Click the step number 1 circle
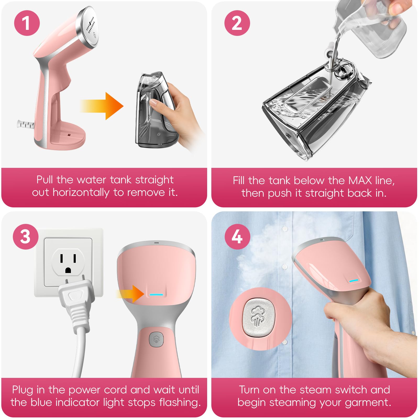(x=27, y=23)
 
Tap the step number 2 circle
(x=237, y=23)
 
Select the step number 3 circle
(x=26, y=236)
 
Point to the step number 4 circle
(x=238, y=236)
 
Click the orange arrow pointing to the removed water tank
(x=102, y=106)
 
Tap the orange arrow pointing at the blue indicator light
(x=130, y=294)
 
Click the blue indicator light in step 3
(x=156, y=295)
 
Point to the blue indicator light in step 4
(x=354, y=281)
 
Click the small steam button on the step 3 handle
(x=156, y=340)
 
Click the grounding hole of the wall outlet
(x=68, y=270)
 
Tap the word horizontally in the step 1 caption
(x=81, y=192)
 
